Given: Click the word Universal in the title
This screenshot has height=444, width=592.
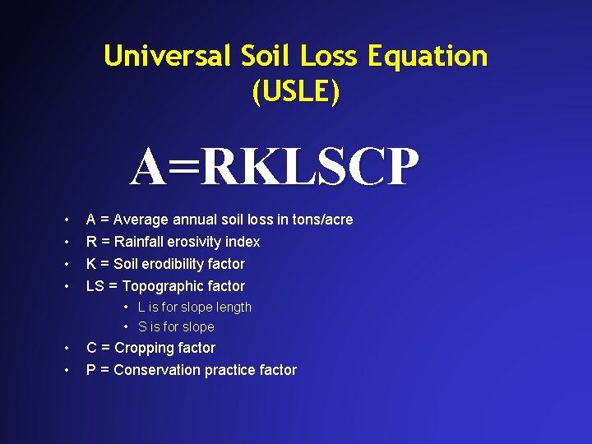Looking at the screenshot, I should [169, 57].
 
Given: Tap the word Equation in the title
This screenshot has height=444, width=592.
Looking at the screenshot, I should [428, 57].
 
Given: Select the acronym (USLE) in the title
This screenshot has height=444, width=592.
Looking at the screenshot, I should [296, 92].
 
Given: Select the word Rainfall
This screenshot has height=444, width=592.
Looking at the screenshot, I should [140, 242].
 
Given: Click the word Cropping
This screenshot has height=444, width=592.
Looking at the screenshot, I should [147, 349].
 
